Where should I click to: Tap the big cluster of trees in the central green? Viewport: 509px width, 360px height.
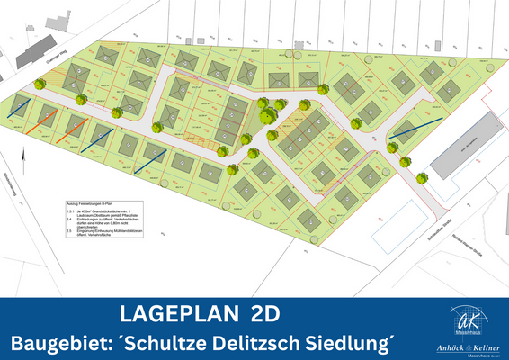[x=268, y=112]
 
